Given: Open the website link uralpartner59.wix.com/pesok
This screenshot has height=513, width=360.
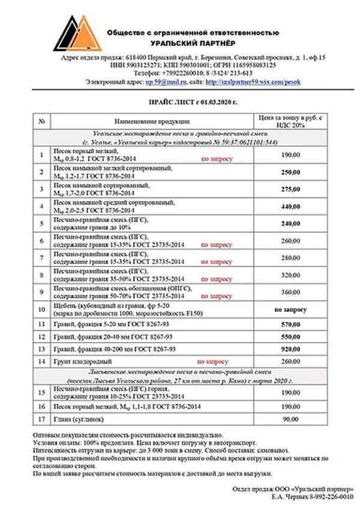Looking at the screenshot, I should click(253, 81).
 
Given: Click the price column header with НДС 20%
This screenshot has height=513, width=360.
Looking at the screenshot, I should click(290, 121).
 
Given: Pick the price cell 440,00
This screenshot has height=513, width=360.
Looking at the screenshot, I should click(290, 206).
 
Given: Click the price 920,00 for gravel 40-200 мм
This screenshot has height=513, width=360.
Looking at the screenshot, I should click(290, 349).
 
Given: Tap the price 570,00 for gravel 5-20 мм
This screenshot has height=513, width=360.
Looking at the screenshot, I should click(290, 324).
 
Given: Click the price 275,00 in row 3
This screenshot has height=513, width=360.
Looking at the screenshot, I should click(290, 189).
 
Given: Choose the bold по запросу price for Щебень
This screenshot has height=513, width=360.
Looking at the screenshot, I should click(290, 310).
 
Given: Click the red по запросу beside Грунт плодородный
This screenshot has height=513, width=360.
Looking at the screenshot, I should click(212, 362).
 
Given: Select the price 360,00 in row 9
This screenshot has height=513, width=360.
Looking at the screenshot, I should click(290, 292).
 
